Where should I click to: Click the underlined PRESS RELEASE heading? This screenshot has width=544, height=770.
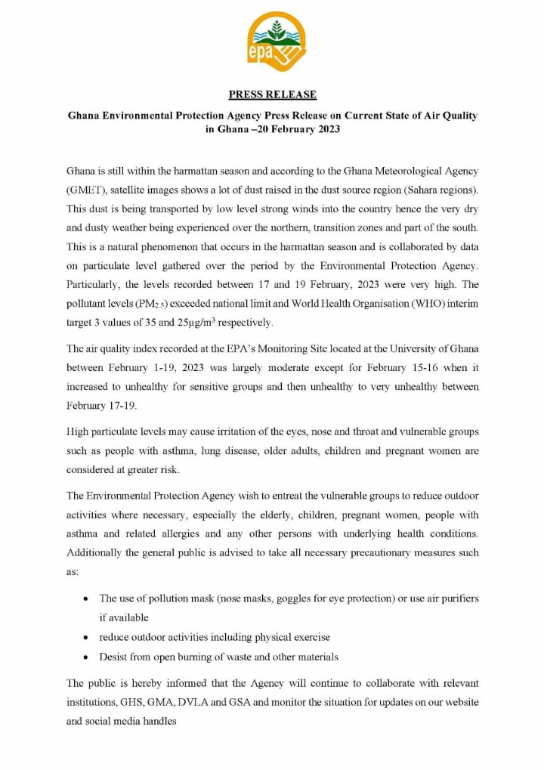(272, 94)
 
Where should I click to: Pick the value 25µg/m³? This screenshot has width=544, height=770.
(230, 323)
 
